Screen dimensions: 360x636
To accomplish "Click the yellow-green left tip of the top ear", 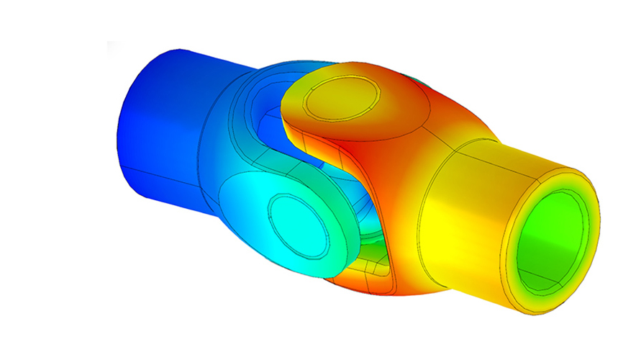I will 291,108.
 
